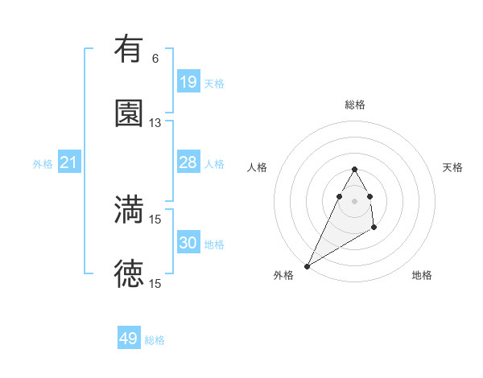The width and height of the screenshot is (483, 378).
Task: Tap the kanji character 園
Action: coord(129,113)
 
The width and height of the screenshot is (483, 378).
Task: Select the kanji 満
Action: coord(129,210)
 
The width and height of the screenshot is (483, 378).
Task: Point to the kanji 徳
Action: coord(129,274)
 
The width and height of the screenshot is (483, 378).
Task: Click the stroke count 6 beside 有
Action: coord(155,58)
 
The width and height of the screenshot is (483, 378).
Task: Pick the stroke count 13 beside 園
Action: coord(155,122)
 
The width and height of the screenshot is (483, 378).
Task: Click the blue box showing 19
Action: coord(188,82)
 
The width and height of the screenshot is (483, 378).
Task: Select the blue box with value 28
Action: coord(188,162)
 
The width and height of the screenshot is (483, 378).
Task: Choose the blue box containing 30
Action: coord(188,243)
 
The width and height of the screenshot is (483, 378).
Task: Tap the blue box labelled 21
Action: coord(69,163)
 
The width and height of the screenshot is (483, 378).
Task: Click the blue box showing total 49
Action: coord(129,339)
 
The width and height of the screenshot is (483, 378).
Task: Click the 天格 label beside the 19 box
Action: coord(214,84)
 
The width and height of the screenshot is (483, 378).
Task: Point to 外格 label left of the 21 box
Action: coord(43,164)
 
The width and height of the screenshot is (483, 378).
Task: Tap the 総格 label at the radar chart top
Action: coord(355,105)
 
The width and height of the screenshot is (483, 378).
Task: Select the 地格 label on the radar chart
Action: coord(422,275)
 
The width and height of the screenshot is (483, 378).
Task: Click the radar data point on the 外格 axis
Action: coord(307,265)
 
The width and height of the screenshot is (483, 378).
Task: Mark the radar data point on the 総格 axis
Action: coord(354,169)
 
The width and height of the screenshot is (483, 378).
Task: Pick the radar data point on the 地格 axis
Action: coord(374,228)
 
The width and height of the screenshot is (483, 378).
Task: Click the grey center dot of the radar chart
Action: coord(354,200)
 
